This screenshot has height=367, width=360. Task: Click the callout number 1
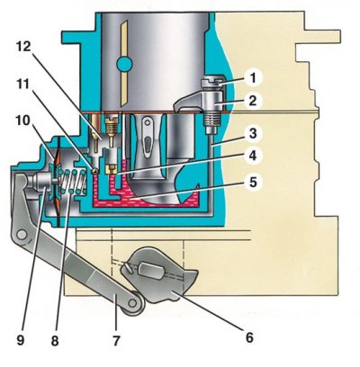253,77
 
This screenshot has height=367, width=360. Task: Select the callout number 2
253,101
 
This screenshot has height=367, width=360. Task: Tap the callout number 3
253,134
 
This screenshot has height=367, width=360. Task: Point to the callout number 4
253,156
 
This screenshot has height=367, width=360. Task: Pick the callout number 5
253,182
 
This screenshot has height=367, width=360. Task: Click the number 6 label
249,337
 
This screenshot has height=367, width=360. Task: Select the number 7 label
116,340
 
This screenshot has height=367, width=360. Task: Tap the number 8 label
55,341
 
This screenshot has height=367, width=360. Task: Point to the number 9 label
21,341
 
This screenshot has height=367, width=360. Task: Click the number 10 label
23,121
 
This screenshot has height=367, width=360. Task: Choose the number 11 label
22,85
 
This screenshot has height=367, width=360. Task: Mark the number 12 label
23,46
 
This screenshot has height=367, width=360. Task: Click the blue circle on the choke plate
124,64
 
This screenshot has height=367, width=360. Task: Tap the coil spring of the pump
74,182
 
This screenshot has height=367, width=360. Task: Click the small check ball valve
95,171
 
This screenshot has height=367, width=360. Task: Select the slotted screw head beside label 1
211,83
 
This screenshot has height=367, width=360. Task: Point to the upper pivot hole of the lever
22,235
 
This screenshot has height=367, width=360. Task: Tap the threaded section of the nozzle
211,119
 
